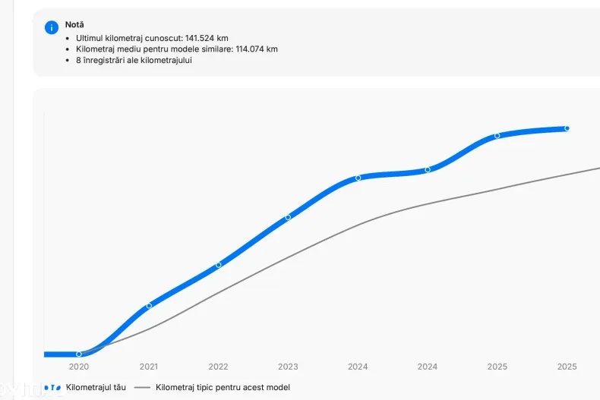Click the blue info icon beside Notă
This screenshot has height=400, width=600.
click(52, 27)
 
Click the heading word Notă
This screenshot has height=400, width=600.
click(74, 24)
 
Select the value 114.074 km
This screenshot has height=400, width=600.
click(256, 49)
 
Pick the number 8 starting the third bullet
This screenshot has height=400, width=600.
click(78, 61)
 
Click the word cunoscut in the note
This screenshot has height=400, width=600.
click(165, 37)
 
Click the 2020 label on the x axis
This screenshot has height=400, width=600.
click(79, 367)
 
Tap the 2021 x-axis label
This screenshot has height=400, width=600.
click(149, 367)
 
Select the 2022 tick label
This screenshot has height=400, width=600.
click(219, 367)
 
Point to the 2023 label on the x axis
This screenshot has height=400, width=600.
click(288, 367)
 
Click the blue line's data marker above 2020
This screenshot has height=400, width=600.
click(79, 354)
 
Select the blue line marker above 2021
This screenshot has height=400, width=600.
click(149, 305)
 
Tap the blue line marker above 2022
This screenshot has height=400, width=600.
click(219, 265)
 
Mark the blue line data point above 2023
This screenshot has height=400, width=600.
click(288, 217)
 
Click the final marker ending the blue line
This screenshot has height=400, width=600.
click(567, 128)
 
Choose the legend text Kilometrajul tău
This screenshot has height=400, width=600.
click(96, 387)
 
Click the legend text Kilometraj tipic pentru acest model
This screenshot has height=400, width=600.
click(223, 387)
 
